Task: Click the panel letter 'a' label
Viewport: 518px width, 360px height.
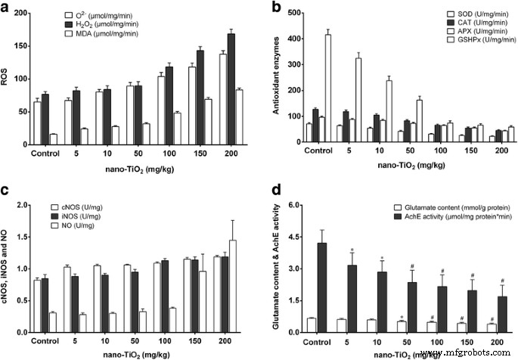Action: click(6, 8)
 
